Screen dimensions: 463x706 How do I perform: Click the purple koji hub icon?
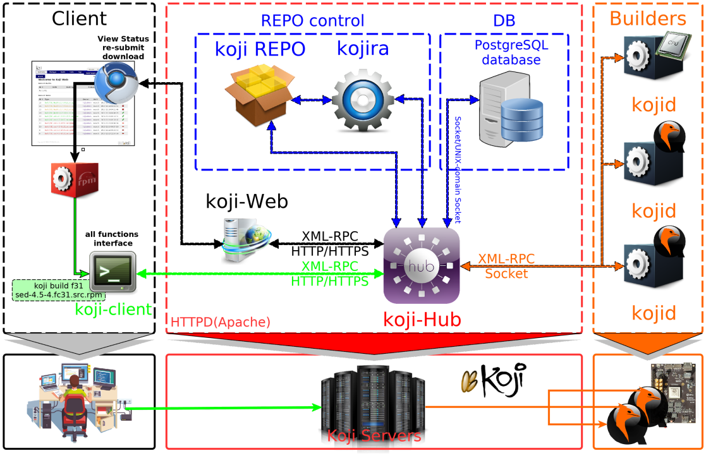point(422,265)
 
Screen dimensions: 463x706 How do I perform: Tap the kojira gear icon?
point(363,100)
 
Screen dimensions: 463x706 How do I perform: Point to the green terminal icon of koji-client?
point(113,272)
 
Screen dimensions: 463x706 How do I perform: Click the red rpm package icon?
point(75,179)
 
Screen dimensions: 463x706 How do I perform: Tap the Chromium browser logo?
point(120,82)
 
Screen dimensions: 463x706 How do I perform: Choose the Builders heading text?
point(648,18)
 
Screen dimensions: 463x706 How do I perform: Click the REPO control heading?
point(312,20)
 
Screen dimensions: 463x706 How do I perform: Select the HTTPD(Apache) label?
point(220,322)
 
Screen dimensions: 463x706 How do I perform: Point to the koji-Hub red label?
point(422,320)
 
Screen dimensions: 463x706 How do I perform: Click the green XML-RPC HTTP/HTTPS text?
point(329,274)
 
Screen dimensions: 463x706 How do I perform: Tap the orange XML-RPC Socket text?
point(506,266)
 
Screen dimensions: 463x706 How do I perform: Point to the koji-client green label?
point(113,310)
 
